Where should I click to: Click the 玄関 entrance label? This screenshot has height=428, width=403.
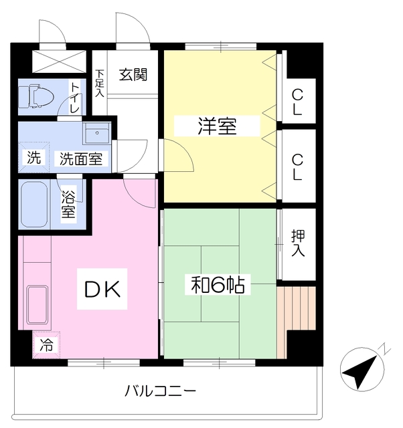[x=133, y=74]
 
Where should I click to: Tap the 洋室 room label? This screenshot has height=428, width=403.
[x=216, y=126]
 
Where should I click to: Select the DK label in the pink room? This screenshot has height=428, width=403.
[x=102, y=289]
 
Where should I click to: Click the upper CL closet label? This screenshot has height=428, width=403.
[x=297, y=102]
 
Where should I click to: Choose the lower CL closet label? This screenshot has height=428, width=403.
[x=297, y=166]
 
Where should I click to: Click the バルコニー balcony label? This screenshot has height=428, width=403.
[x=161, y=391]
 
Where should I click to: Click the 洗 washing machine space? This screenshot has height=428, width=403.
[x=33, y=158]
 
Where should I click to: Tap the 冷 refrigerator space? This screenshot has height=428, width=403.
[x=46, y=345]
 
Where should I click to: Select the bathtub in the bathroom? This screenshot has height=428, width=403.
[x=33, y=205]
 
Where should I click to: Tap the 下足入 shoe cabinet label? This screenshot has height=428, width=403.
[x=99, y=83]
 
